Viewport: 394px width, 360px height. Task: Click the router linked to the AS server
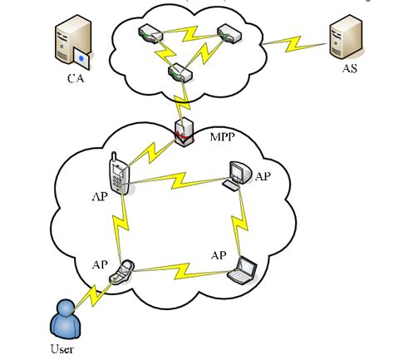pos(229,34)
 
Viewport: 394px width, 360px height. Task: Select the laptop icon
pos(245,265)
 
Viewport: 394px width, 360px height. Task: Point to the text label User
pos(62,350)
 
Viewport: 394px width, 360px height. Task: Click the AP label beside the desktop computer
pos(263,176)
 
